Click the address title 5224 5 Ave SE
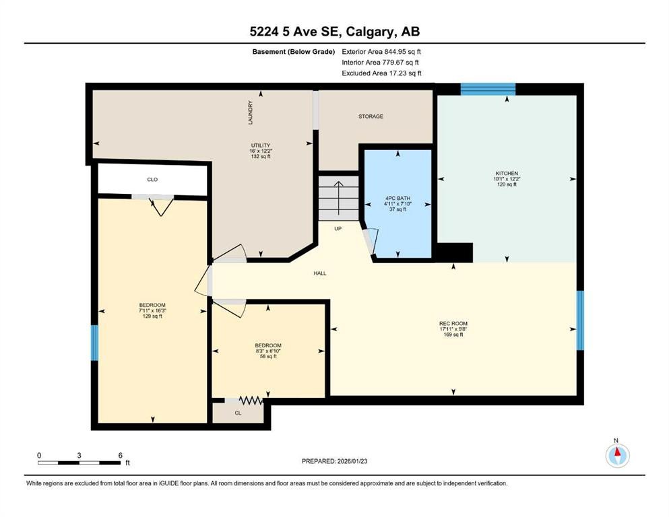pos(334,32)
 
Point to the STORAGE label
pos(371,116)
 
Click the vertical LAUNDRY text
pos(250,112)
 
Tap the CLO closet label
pos(152,180)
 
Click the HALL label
pos(319,273)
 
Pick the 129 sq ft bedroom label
pos(152,310)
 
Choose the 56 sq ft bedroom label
pos(268,351)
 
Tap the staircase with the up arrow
pos(338,196)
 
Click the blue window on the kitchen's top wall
pos(488,88)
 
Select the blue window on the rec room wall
pos(580,320)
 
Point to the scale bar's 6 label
pos(120,455)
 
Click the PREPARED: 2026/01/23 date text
pos(334,461)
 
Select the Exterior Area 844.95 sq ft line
pos(381,51)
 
